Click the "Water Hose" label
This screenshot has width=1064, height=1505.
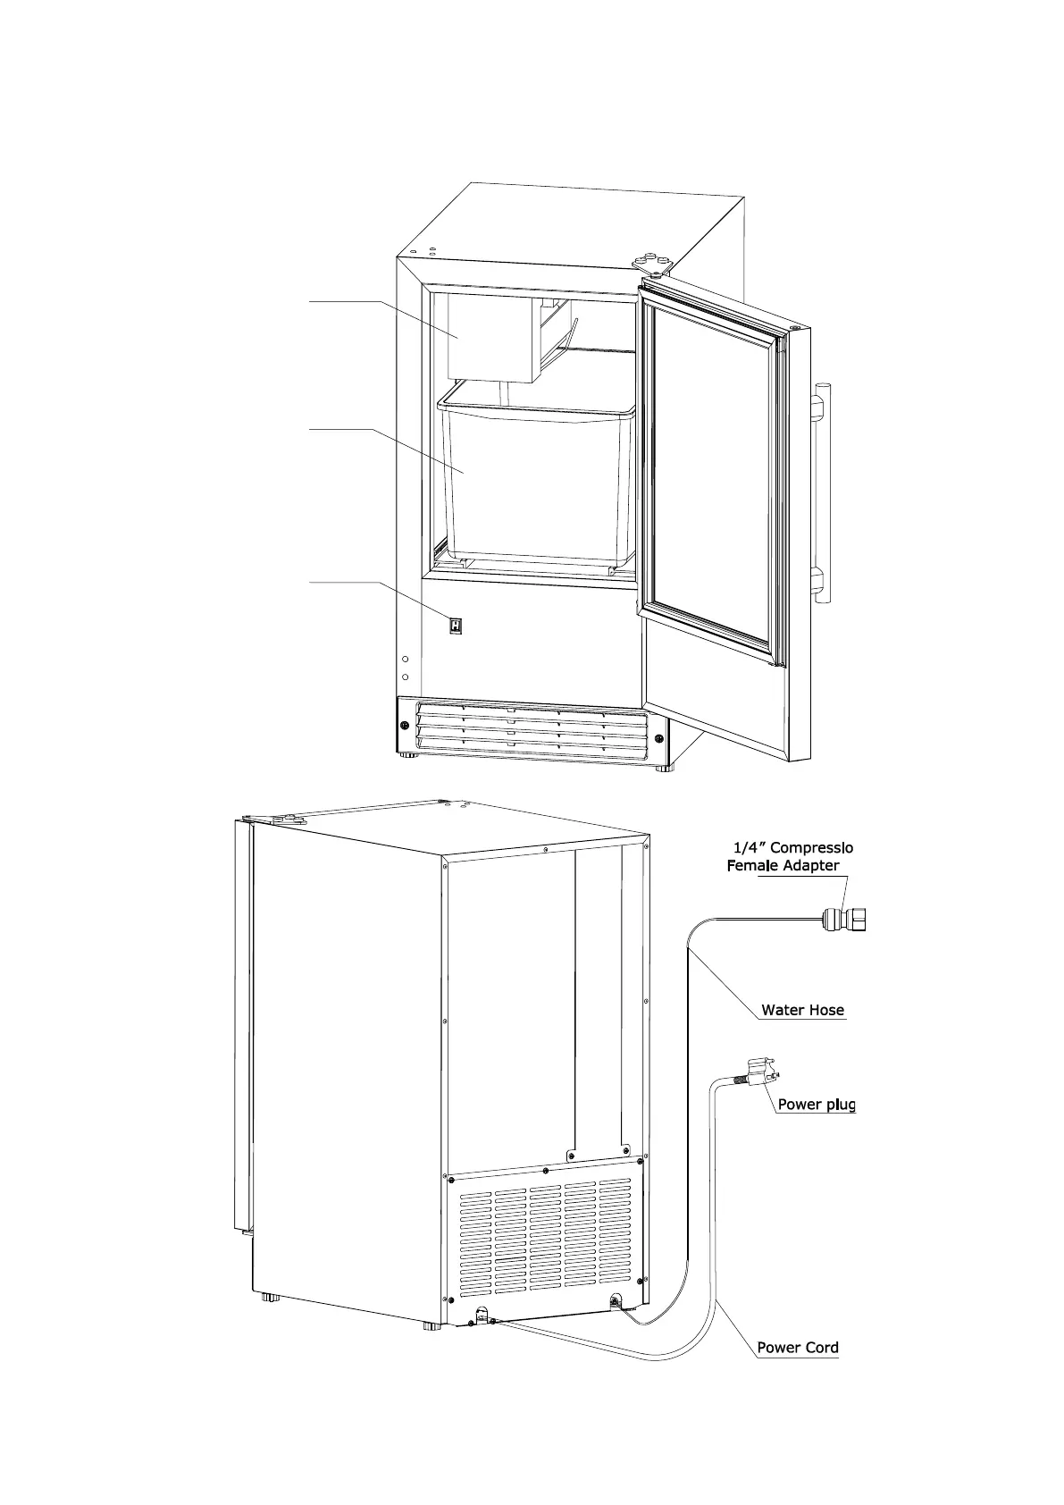point(801,1011)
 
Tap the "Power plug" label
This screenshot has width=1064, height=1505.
point(816,1105)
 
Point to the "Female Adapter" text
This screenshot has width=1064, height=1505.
point(783,865)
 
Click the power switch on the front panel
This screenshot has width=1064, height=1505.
point(456,626)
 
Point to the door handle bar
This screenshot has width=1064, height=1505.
point(823,492)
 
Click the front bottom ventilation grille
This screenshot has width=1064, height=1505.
point(532,728)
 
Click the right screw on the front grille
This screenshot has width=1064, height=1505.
point(659,739)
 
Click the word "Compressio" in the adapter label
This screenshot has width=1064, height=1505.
point(812,847)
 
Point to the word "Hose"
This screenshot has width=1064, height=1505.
point(825,1011)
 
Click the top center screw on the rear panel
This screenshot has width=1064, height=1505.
point(545,849)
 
